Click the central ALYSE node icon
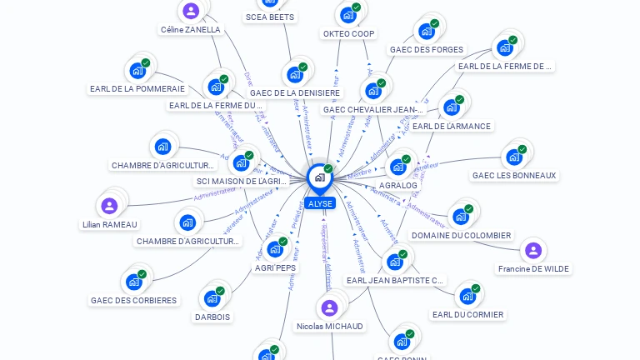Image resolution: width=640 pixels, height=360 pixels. pyautogui.click(x=319, y=177)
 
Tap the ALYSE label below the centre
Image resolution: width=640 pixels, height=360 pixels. pyautogui.click(x=319, y=203)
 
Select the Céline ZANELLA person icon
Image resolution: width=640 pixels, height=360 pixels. pyautogui.click(x=191, y=11)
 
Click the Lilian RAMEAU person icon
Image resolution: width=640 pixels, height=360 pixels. pyautogui.click(x=109, y=206)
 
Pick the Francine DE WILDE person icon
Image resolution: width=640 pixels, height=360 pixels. pyautogui.click(x=533, y=250)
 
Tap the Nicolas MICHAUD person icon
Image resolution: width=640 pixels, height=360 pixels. pyautogui.click(x=329, y=307)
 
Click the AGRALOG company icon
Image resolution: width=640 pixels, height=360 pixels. pyautogui.click(x=398, y=167)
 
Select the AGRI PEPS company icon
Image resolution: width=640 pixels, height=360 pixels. pyautogui.click(x=275, y=248)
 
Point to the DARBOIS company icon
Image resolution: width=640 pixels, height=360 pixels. pyautogui.click(x=212, y=298)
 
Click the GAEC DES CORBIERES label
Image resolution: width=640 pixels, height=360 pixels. pyautogui.click(x=134, y=300)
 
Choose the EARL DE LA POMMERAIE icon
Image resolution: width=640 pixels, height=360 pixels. pyautogui.click(x=137, y=71)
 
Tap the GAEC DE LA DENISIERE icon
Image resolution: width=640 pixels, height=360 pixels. pyautogui.click(x=295, y=75)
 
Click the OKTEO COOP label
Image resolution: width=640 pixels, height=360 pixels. pyautogui.click(x=348, y=34)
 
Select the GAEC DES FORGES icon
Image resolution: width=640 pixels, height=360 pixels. pyautogui.click(x=427, y=32)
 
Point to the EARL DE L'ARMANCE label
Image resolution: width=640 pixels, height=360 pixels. pyautogui.click(x=451, y=126)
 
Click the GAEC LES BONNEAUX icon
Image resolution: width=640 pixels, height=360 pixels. pyautogui.click(x=514, y=157)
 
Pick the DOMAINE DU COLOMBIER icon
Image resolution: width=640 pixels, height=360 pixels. pyautogui.click(x=461, y=217)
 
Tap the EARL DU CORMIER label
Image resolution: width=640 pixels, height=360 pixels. pyautogui.click(x=467, y=314)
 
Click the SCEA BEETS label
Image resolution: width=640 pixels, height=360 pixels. pyautogui.click(x=269, y=17)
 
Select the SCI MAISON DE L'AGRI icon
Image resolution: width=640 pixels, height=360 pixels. pyautogui.click(x=241, y=162)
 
